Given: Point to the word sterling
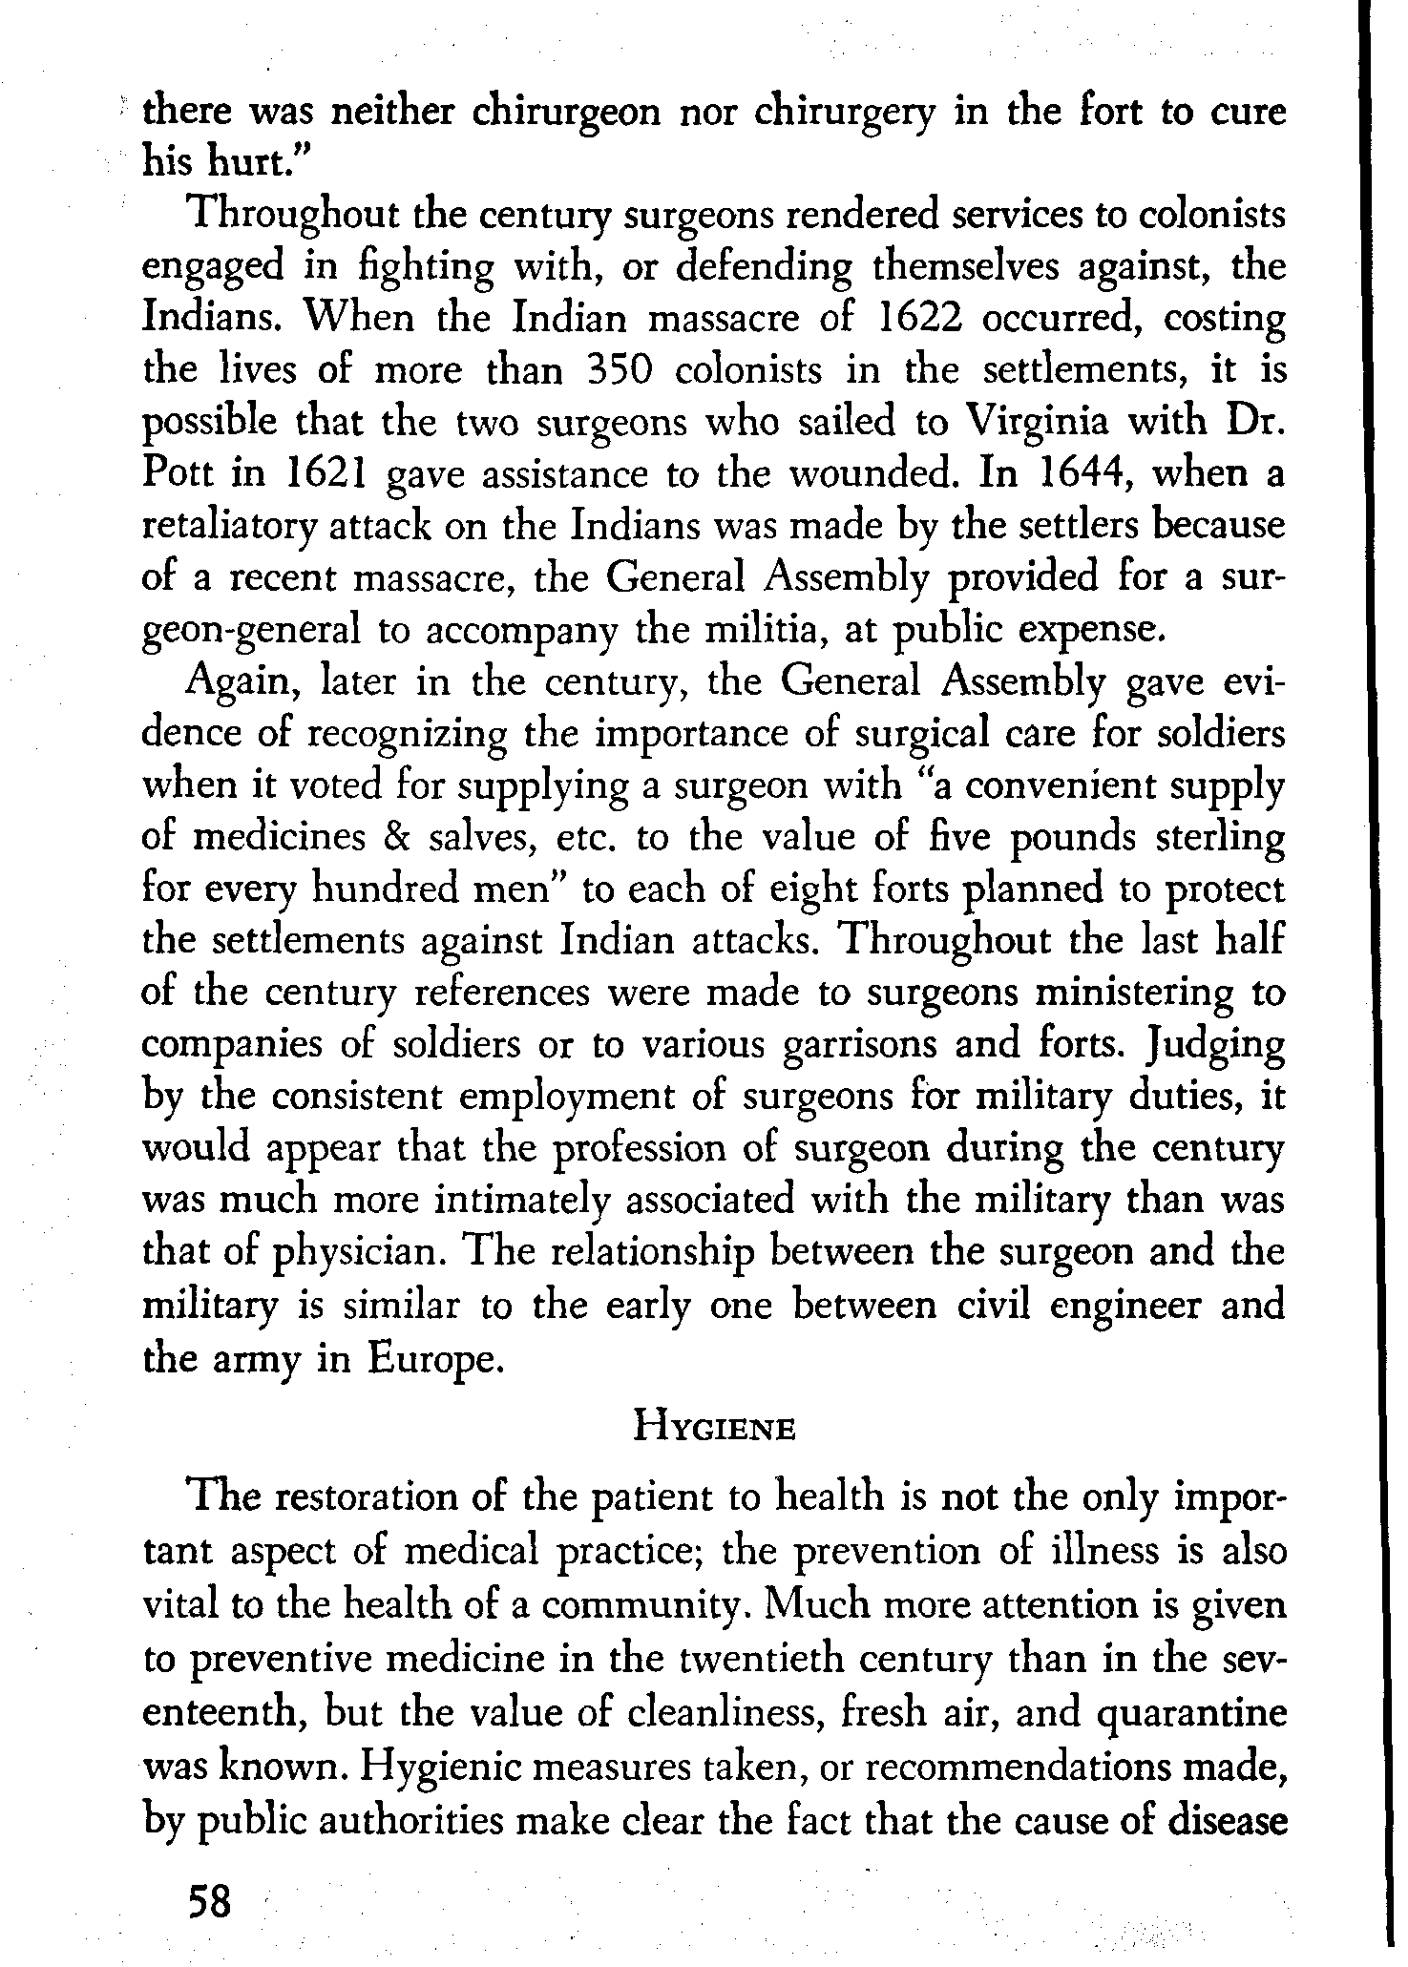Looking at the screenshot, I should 1216,838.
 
